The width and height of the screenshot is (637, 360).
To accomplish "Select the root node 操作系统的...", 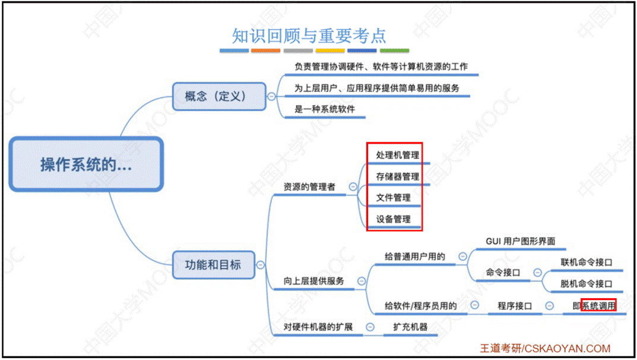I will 86,165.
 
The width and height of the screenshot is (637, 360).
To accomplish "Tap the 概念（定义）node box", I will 219,96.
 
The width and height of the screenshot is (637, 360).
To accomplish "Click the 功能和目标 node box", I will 213,264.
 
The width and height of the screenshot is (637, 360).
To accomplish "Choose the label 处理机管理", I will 397,155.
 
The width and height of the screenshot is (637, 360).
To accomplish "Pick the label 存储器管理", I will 397,176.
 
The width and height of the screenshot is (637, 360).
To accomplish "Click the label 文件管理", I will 393,198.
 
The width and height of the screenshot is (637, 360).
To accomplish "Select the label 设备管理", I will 393,219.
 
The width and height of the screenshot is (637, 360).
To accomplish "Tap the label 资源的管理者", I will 309,187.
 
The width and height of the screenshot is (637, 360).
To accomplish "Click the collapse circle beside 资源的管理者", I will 353,187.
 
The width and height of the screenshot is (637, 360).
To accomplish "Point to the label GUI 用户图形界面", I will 520,241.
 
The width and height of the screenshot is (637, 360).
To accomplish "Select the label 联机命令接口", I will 586,262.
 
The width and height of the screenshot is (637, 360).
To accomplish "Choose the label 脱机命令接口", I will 586,284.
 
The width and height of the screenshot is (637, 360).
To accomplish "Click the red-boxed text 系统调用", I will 598,306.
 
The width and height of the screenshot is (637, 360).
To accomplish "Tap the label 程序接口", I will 514,306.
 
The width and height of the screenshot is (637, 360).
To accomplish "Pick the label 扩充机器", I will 410,327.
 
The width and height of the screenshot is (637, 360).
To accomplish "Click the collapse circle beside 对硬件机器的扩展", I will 370,327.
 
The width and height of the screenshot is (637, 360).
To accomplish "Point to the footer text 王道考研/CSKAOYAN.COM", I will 545,349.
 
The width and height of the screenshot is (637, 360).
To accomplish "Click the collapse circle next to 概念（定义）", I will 272,96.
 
